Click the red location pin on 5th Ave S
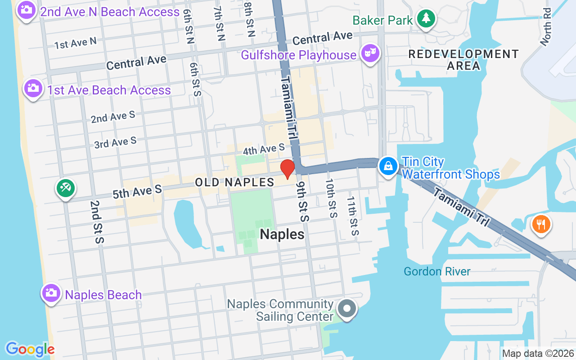click(x=287, y=169)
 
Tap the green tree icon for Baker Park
click(x=426, y=19)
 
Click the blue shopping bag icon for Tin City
click(x=388, y=166)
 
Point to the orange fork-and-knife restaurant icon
click(x=541, y=224)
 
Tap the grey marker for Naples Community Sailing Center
click(x=346, y=309)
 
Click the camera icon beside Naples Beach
click(x=51, y=293)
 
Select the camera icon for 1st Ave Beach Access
click(x=33, y=88)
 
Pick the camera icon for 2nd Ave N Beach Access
click(x=26, y=9)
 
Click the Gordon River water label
click(x=437, y=271)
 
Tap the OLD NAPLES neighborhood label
click(x=234, y=182)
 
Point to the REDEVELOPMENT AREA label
click(x=463, y=60)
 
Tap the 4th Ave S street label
click(x=264, y=148)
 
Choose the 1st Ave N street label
click(x=75, y=43)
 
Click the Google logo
click(x=30, y=349)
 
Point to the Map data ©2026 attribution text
click(x=538, y=354)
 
